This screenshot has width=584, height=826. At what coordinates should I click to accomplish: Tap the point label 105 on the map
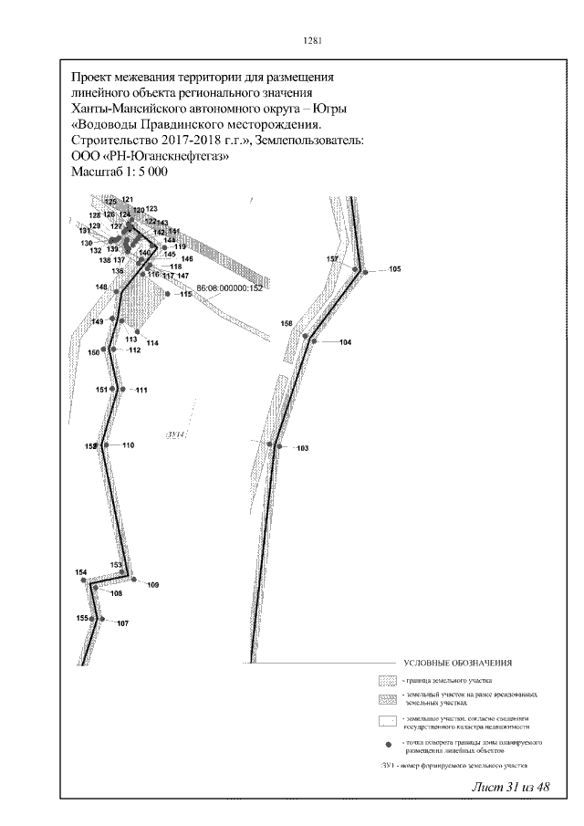pyautogui.click(x=394, y=269)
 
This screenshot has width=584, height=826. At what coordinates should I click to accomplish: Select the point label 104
pyautogui.click(x=344, y=342)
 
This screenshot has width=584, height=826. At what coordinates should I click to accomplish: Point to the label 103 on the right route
pyautogui.click(x=303, y=448)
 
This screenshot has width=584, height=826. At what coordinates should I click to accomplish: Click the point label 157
pyautogui.click(x=333, y=259)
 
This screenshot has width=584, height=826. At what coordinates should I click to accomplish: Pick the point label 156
pyautogui.click(x=287, y=324)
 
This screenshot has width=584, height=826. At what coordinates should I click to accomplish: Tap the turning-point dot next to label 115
pyautogui.click(x=167, y=294)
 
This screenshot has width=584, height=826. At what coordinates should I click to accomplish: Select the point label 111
pyautogui.click(x=141, y=391)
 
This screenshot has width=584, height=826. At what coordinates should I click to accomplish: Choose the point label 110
pyautogui.click(x=128, y=445)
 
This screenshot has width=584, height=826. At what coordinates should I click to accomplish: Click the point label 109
pyautogui.click(x=152, y=584)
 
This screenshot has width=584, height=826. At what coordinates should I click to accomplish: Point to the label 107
pyautogui.click(x=122, y=623)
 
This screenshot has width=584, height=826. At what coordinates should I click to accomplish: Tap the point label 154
pyautogui.click(x=81, y=572)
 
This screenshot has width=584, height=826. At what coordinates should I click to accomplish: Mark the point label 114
pyautogui.click(x=152, y=342)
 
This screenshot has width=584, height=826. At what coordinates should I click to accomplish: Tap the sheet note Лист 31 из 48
pyautogui.click(x=512, y=787)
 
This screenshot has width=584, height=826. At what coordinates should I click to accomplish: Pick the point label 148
pyautogui.click(x=101, y=288)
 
